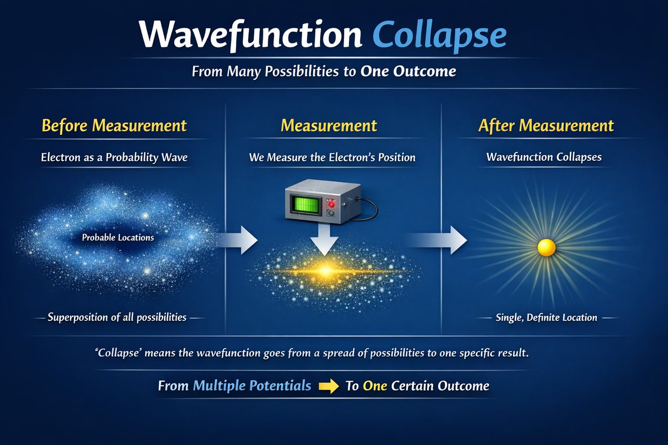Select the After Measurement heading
tap(546, 126)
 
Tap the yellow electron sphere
tap(547, 248)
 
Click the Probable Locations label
tap(118, 238)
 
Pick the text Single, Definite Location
tap(546, 318)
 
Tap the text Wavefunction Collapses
tap(544, 157)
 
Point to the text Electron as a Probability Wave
tap(114, 157)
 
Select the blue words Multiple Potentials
tap(252, 386)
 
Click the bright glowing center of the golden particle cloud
tap(325, 271)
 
